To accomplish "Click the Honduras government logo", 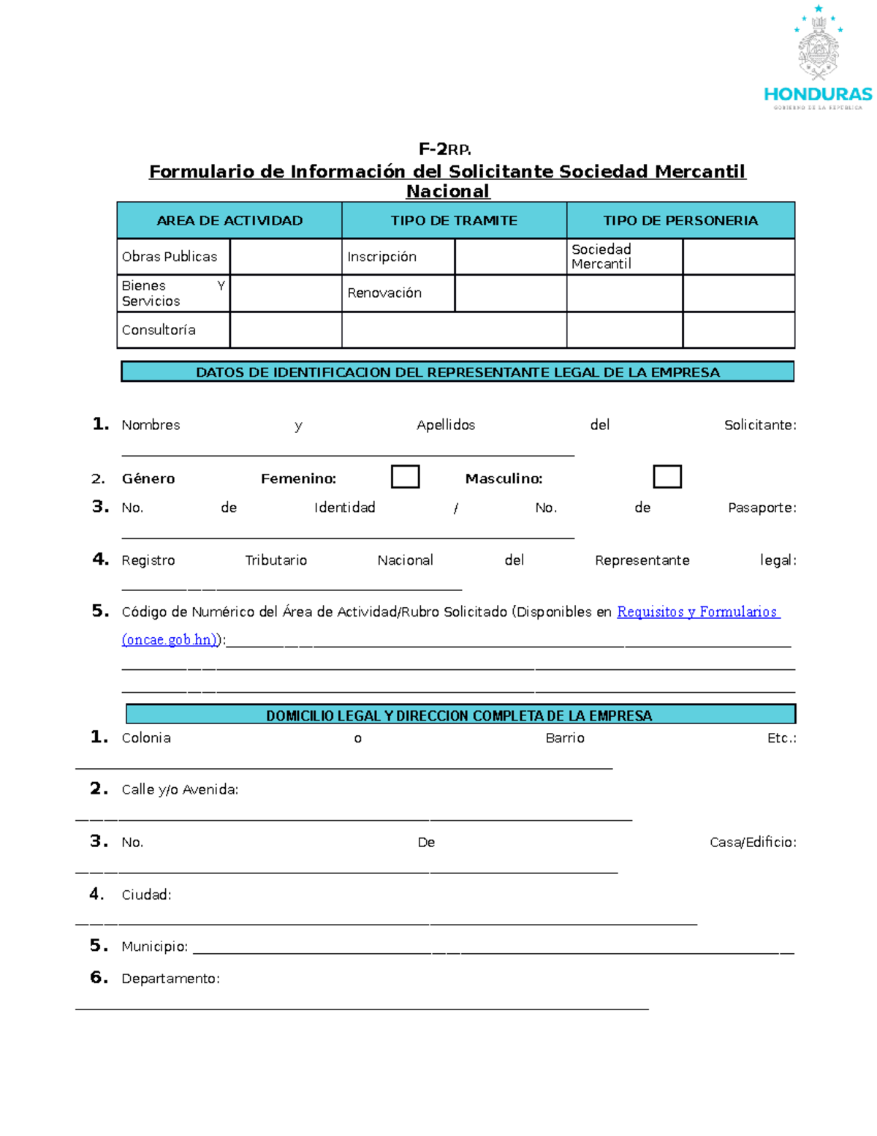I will (x=818, y=59).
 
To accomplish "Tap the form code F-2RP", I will (x=444, y=149).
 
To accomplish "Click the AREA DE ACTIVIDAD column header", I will (x=229, y=220).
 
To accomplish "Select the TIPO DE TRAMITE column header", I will (x=454, y=220).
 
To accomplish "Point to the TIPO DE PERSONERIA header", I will (x=680, y=220).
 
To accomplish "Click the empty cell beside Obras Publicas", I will (x=286, y=257).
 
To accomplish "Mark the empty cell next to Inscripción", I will (x=510, y=257).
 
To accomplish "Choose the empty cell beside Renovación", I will (x=510, y=293).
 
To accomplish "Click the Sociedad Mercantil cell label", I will (x=601, y=257).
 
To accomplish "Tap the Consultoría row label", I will (x=159, y=330).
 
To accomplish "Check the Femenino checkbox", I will (x=405, y=476).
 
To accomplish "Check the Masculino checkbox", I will (x=667, y=476).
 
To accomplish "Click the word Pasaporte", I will (x=762, y=508).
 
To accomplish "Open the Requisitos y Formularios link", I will (x=698, y=612).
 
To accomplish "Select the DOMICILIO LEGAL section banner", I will (x=460, y=715).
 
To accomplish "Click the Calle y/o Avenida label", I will (x=180, y=789).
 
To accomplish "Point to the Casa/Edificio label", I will (x=753, y=842).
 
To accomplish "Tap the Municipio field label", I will (x=154, y=947).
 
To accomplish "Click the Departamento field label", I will (x=170, y=979).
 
